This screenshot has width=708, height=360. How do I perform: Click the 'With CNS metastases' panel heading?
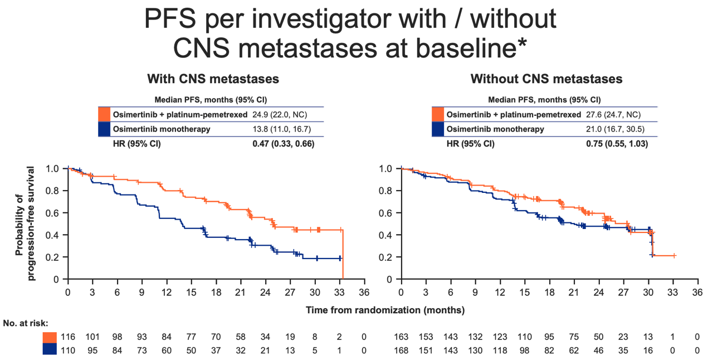coord(213,79)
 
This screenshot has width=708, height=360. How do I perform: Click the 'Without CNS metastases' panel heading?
coord(546,79)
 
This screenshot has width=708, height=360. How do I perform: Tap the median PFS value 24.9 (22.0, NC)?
coord(280,115)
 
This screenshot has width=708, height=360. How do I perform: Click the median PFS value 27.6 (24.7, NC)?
coord(613,115)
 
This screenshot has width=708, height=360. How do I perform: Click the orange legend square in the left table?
coord(104,114)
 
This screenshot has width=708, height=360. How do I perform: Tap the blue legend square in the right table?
coord(438,129)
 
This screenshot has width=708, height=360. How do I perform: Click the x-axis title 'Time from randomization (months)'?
coord(385,310)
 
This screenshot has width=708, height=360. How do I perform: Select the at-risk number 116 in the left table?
coord(68,337)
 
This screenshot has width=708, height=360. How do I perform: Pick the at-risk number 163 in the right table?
coord(401,337)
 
